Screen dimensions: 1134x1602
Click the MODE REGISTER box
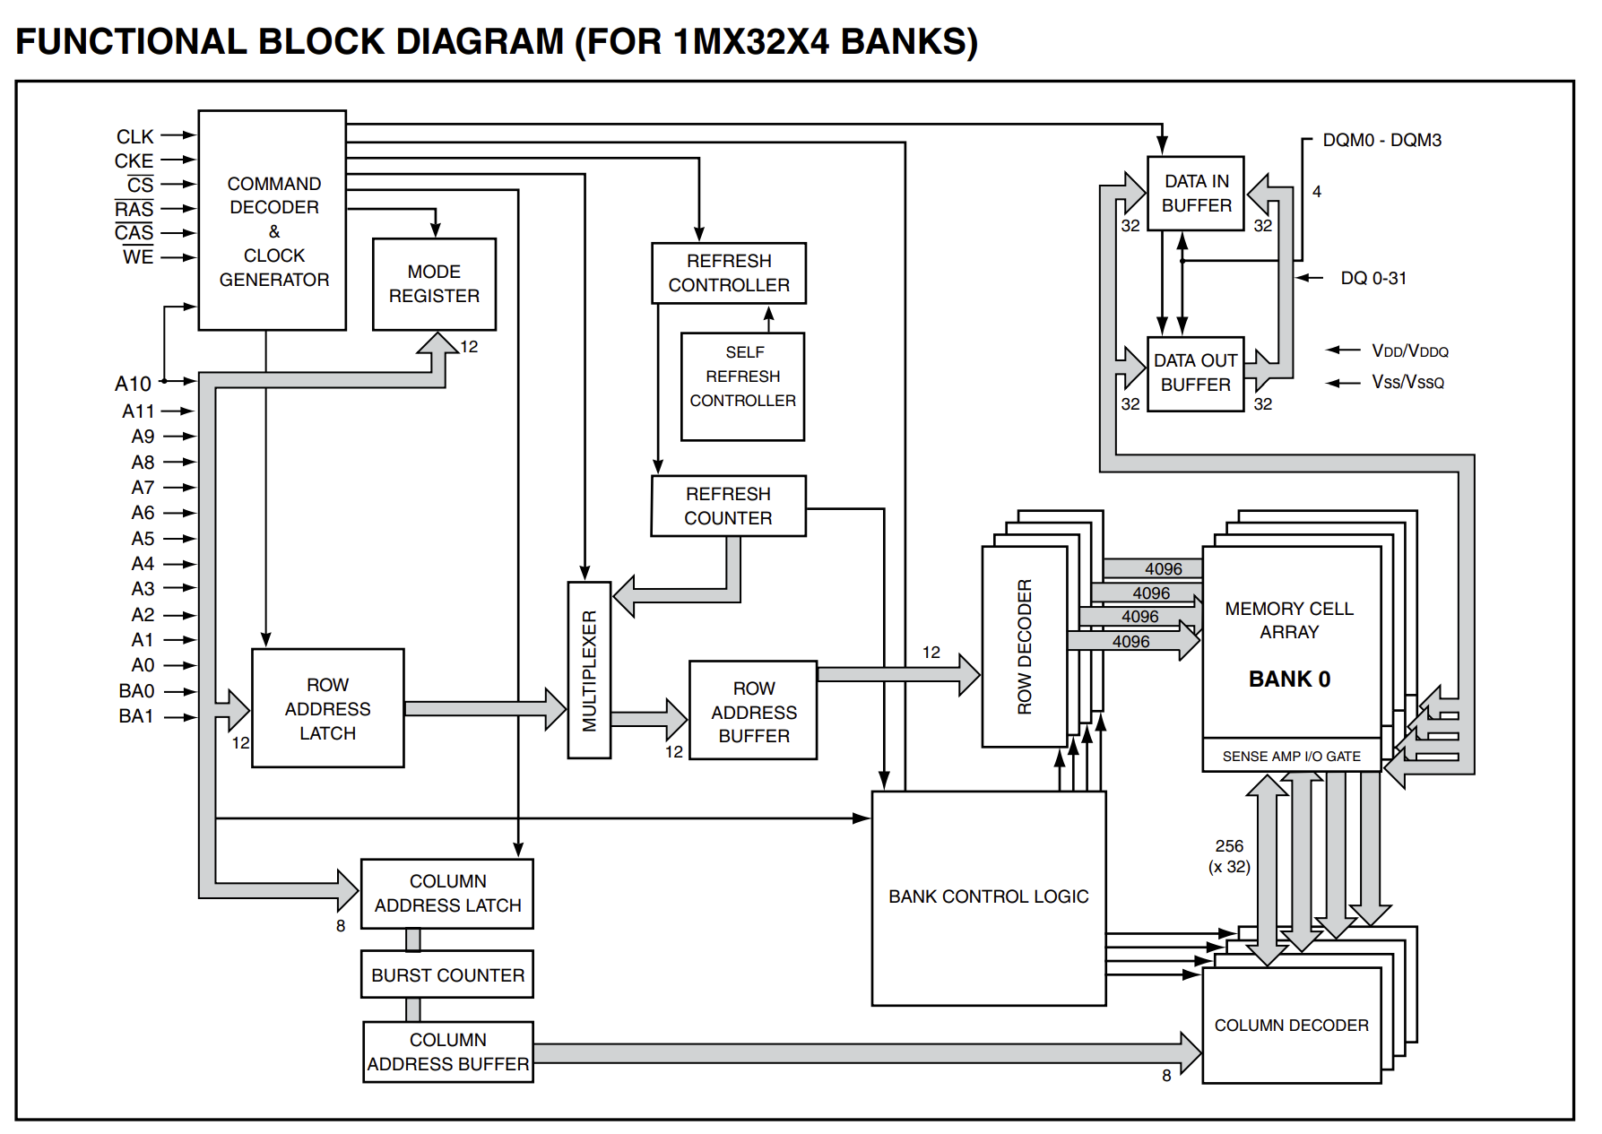(434, 283)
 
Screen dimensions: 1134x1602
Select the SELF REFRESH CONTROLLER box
(742, 385)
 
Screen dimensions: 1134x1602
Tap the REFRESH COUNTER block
(728, 506)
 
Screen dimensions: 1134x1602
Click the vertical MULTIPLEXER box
(589, 670)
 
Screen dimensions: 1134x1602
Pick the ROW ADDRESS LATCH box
(327, 708)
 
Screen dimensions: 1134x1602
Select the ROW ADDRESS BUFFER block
(753, 711)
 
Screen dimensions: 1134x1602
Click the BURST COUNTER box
(447, 974)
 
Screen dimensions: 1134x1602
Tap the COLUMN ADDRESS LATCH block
(447, 893)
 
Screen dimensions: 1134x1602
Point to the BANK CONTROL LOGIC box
(988, 896)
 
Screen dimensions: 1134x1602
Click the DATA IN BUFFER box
(1196, 193)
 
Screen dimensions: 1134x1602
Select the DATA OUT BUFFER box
(1195, 373)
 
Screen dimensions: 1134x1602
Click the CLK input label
(135, 136)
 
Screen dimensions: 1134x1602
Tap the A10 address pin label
(133, 384)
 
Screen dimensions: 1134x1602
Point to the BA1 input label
(136, 716)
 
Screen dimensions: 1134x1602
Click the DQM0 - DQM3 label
(1381, 140)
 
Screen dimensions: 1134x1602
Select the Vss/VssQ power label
(1407, 383)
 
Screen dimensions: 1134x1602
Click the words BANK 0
(1289, 679)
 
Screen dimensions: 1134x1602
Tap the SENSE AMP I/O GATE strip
(1291, 757)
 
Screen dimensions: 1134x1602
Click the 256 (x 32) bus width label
(1229, 856)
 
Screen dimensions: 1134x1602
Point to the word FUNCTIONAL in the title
(131, 42)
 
